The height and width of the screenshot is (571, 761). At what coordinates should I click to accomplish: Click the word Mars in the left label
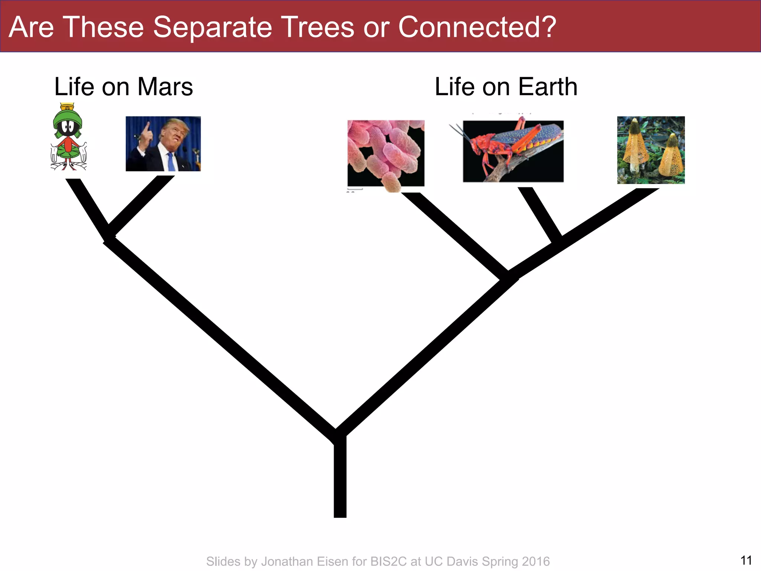click(x=165, y=87)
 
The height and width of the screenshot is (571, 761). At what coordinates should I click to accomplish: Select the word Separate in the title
click(x=212, y=27)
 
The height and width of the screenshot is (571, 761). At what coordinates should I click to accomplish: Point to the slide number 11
click(x=746, y=560)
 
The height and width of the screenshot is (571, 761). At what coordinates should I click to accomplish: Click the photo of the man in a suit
click(x=163, y=144)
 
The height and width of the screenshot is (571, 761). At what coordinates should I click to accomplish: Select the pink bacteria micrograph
click(x=386, y=153)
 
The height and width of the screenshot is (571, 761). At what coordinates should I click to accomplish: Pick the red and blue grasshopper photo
click(x=513, y=151)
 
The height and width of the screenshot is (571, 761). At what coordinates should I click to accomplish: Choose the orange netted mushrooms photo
click(x=651, y=150)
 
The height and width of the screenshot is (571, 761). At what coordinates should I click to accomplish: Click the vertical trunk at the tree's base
click(x=340, y=480)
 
